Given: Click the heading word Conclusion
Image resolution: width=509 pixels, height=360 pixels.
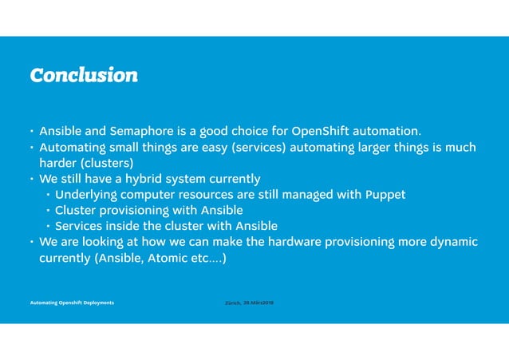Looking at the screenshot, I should [x=83, y=75].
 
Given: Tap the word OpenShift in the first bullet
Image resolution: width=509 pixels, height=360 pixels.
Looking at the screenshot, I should [x=321, y=130].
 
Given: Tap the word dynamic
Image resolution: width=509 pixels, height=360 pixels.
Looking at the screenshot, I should [x=453, y=242].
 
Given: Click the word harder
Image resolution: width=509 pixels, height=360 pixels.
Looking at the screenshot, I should [x=59, y=162].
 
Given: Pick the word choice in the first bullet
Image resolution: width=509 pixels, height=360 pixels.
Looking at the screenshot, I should [x=249, y=130].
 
